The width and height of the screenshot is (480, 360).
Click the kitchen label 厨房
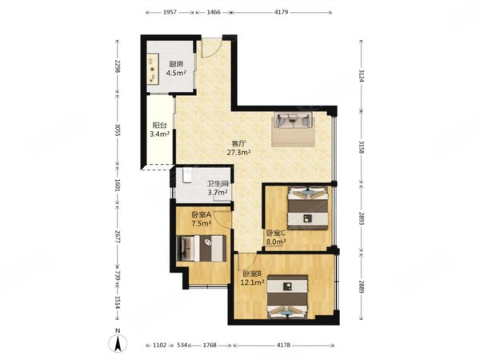(176, 64)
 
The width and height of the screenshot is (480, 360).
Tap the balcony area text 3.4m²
(159, 134)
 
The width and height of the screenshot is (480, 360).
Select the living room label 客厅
(238, 143)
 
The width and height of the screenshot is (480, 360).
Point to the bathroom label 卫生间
(218, 184)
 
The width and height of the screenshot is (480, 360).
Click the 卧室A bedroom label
(201, 215)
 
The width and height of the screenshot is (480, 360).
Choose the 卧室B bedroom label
(252, 274)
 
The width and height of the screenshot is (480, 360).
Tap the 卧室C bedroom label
(276, 233)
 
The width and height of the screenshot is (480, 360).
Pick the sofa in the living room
(294, 119)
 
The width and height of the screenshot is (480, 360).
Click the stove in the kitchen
(153, 69)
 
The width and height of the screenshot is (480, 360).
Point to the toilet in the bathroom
(186, 175)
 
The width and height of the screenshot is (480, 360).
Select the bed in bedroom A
(202, 248)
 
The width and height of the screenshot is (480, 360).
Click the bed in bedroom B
(287, 297)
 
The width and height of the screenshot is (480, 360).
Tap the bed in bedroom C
(308, 208)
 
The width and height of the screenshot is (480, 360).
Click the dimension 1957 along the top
(170, 12)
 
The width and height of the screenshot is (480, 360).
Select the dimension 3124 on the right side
(362, 75)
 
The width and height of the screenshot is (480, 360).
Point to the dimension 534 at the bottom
(182, 346)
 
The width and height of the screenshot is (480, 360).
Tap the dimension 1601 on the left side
(117, 185)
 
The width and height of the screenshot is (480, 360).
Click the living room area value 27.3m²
(238, 152)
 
